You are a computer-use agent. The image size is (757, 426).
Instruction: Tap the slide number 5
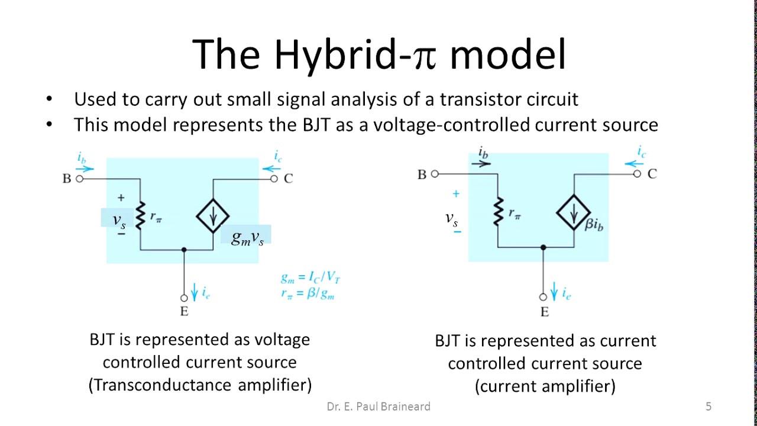[709, 406]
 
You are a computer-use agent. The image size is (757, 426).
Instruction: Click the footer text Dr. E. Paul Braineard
[378, 406]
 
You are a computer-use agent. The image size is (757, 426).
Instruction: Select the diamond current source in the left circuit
[213, 215]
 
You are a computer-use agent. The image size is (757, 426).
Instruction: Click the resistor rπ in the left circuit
[141, 216]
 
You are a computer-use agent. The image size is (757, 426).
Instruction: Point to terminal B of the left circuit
[80, 178]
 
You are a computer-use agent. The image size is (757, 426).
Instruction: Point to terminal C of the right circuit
[637, 174]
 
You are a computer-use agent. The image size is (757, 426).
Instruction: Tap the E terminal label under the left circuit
[184, 311]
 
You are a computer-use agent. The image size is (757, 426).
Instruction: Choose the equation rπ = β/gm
[308, 292]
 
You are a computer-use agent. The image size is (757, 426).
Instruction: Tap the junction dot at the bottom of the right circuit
[544, 247]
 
